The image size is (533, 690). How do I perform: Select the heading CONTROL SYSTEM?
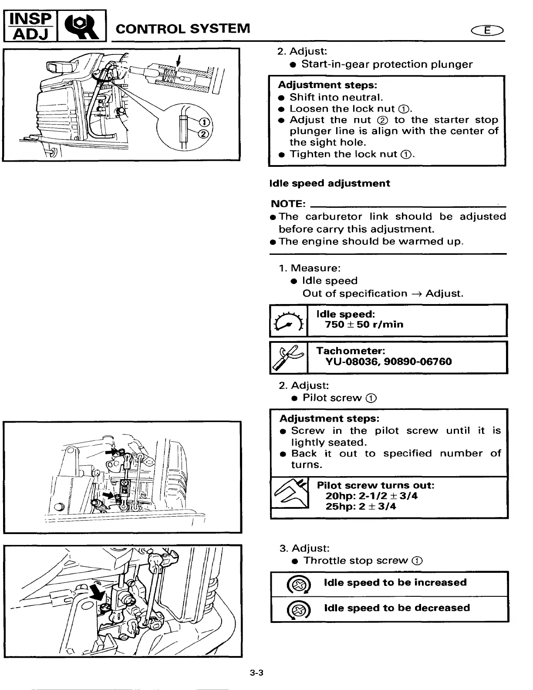[x=183, y=29]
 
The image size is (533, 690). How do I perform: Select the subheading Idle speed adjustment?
[x=330, y=183]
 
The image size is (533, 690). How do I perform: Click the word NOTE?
[x=287, y=204]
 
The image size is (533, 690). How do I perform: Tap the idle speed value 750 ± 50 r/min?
[x=364, y=325]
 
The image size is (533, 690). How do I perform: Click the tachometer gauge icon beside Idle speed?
[x=288, y=321]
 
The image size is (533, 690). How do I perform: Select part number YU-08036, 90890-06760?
[x=388, y=362]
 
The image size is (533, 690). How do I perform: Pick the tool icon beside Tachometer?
[x=288, y=358]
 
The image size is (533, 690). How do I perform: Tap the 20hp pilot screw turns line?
[x=371, y=496]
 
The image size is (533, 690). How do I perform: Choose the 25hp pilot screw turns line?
[x=361, y=507]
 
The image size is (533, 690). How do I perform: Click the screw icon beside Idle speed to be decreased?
[x=298, y=609]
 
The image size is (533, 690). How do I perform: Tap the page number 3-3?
[x=256, y=673]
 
